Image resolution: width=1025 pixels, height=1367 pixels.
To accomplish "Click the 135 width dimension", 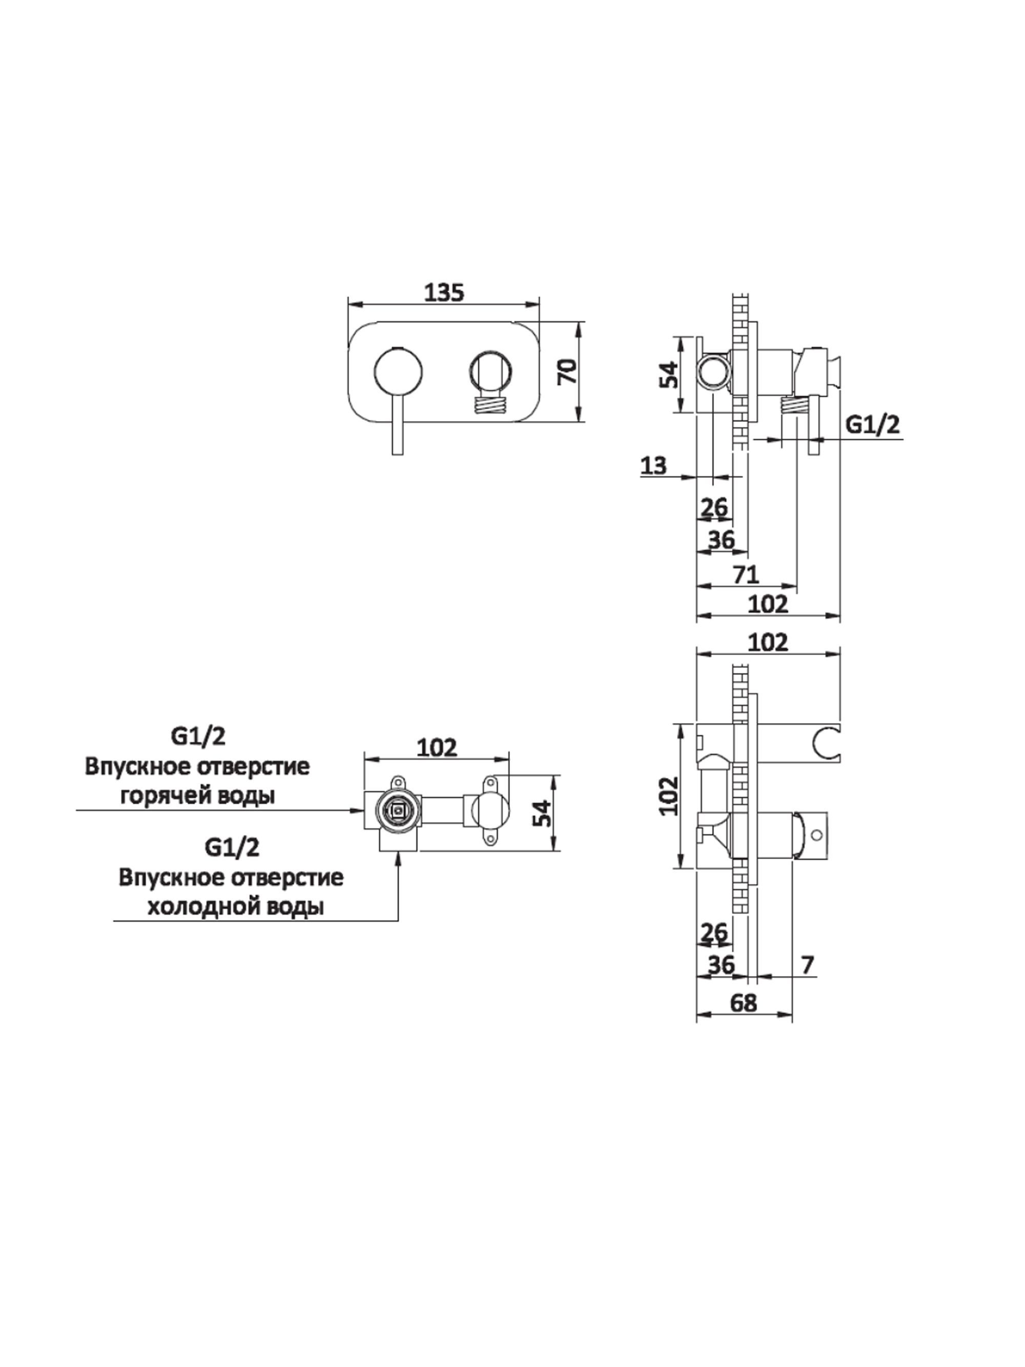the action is click(x=444, y=292).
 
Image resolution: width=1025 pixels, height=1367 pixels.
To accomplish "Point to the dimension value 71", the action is click(x=746, y=575).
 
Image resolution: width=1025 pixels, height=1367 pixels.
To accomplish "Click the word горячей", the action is click(x=162, y=795).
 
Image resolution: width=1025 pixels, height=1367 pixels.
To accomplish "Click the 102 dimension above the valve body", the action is click(x=437, y=747).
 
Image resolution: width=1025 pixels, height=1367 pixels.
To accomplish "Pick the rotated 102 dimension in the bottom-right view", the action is click(x=669, y=796).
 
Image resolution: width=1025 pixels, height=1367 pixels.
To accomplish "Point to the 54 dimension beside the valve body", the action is click(x=541, y=812).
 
